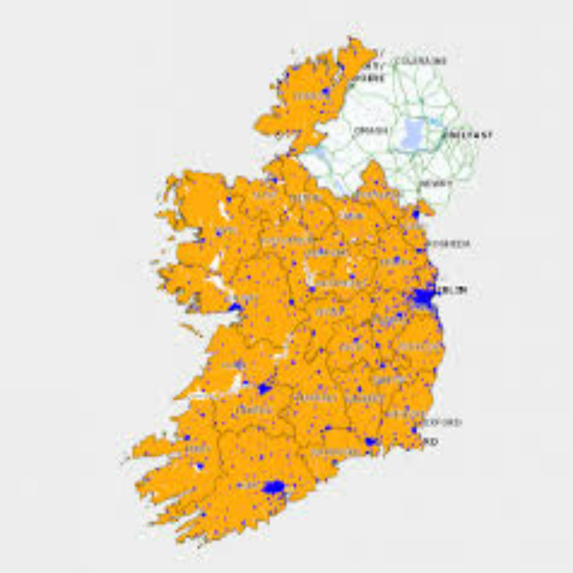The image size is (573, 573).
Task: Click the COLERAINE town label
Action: click(x=420, y=61)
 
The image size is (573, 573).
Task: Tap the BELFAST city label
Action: click(x=467, y=135)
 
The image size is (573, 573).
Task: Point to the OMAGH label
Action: click(x=370, y=130)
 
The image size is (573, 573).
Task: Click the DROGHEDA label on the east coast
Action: click(x=449, y=244)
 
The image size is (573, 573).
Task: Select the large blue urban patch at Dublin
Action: click(x=422, y=298)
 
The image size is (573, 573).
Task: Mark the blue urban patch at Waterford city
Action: click(x=371, y=442)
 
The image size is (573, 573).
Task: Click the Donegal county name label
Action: click(x=306, y=96)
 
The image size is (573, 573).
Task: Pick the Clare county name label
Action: click(x=234, y=365)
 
